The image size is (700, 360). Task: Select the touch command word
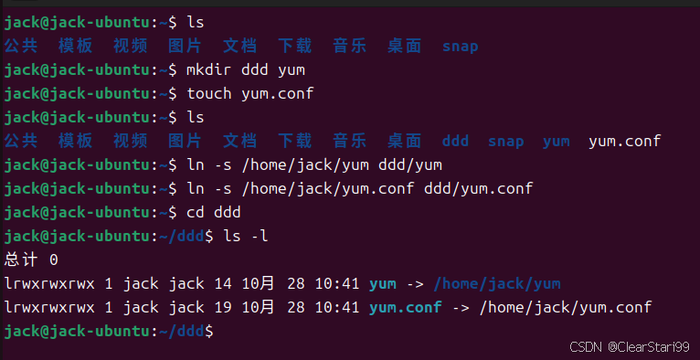tap(209, 93)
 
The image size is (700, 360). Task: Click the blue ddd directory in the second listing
tap(455, 141)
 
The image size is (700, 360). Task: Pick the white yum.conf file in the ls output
tap(624, 141)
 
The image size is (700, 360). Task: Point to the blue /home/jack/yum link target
tap(497, 283)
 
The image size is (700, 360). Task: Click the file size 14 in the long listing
tap(223, 283)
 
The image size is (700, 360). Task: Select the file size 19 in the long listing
tap(223, 307)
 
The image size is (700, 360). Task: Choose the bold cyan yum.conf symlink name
tap(405, 307)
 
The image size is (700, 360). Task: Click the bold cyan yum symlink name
tap(382, 283)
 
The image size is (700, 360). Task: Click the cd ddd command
tap(213, 212)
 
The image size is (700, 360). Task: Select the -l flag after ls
tap(259, 236)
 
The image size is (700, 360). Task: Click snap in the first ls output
tap(460, 46)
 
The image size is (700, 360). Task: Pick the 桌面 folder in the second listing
tap(404, 141)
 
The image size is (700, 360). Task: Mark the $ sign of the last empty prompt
tap(209, 331)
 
